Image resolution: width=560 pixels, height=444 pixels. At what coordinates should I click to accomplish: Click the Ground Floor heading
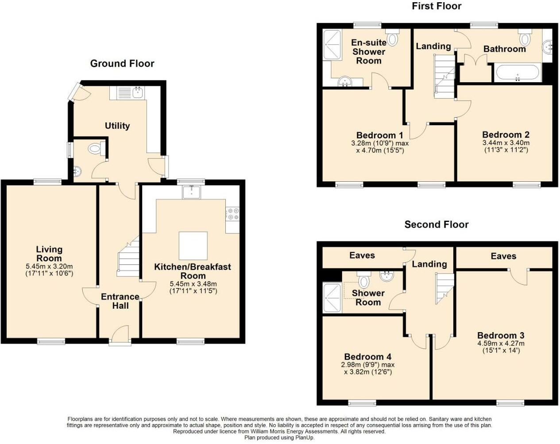click(122, 64)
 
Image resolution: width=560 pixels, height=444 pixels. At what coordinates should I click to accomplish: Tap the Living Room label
click(49, 254)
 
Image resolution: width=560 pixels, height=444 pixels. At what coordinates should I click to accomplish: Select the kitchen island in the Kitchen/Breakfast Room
click(193, 245)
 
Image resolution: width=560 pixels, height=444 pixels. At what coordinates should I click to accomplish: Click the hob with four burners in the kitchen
click(233, 214)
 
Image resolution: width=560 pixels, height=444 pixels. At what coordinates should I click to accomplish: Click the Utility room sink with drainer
click(131, 92)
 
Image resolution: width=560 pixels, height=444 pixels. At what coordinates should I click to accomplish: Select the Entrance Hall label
click(120, 301)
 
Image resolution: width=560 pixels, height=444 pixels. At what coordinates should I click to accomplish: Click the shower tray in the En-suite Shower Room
click(332, 44)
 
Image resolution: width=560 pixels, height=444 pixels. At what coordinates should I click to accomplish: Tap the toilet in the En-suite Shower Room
click(392, 38)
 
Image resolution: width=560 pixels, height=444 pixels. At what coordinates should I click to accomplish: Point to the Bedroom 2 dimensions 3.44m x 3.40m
click(506, 143)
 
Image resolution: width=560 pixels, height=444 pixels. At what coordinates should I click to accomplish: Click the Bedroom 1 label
click(379, 135)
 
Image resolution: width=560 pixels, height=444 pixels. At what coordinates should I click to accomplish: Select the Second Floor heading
click(436, 225)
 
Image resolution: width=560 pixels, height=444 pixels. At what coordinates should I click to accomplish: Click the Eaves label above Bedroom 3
click(503, 256)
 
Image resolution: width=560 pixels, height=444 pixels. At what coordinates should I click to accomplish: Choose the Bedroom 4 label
click(367, 356)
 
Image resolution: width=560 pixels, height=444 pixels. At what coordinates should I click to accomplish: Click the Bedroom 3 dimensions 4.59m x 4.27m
click(501, 343)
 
